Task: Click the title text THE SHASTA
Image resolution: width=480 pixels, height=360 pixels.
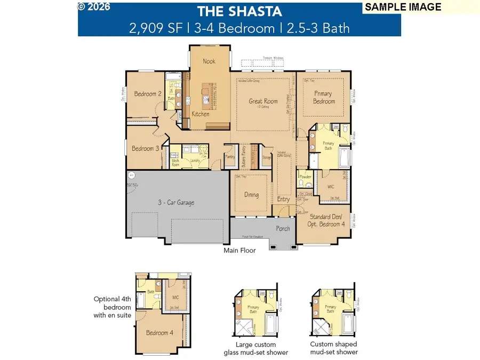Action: click(239, 12)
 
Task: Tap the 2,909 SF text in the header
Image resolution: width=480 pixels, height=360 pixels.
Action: click(148, 28)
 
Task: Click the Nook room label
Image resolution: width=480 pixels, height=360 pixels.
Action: click(209, 61)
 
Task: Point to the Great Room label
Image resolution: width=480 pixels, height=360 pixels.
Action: click(263, 101)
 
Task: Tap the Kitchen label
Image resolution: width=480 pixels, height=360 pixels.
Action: click(201, 114)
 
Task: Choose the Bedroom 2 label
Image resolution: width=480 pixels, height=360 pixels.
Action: click(148, 94)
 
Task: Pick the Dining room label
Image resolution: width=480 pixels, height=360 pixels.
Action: click(251, 195)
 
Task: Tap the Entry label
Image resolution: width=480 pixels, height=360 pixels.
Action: click(283, 199)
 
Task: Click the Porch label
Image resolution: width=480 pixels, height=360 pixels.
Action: click(283, 229)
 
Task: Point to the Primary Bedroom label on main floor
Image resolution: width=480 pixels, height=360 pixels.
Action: click(324, 98)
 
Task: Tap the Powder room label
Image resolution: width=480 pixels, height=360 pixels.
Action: click(305, 177)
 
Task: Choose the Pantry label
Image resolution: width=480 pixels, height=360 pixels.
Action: click(230, 157)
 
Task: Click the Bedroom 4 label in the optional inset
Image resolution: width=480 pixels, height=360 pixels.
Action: click(159, 333)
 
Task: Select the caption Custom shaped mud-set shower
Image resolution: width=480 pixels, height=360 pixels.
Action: click(333, 348)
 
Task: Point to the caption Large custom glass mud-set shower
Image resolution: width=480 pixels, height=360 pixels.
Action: click(256, 348)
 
